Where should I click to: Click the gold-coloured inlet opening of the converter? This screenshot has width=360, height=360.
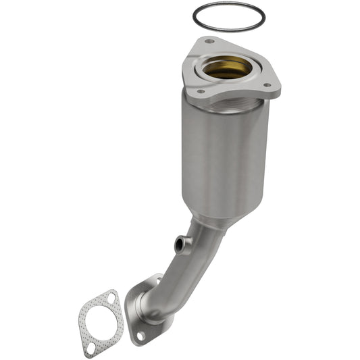[x=227, y=68]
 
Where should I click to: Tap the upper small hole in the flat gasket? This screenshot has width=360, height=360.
[x=107, y=297]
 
